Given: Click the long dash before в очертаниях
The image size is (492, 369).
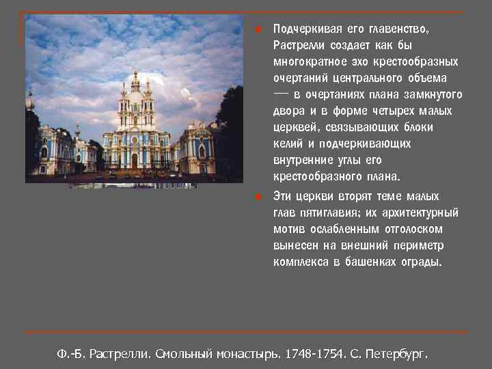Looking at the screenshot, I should click(x=281, y=94).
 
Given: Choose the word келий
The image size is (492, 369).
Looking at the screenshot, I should click(x=287, y=144).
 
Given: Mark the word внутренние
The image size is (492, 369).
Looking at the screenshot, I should click(x=300, y=161).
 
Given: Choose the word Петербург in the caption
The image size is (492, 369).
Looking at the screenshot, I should click(x=396, y=355).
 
